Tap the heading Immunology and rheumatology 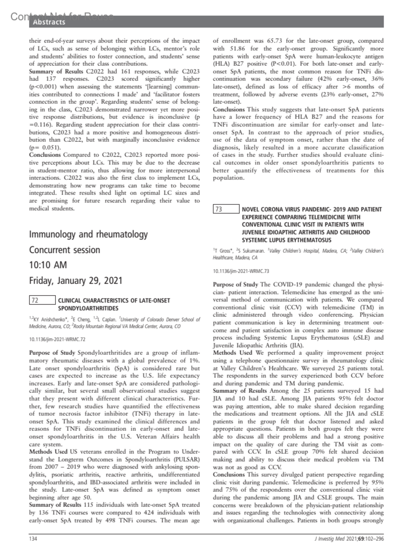(88, 234)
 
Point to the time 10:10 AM (48, 265)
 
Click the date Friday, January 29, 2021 (76, 280)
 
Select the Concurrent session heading (64, 250)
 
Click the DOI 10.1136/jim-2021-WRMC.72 (57, 339)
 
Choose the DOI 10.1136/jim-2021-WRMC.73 (241, 271)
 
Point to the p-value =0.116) (41, 125)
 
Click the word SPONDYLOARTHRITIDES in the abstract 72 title (88, 308)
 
